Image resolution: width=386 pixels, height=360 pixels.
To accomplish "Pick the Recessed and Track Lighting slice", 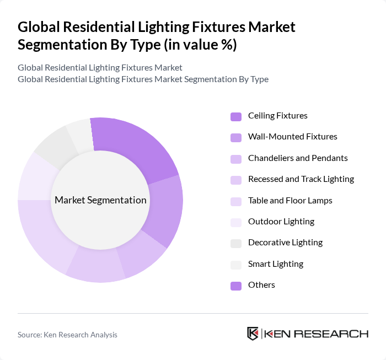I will [x=97, y=267].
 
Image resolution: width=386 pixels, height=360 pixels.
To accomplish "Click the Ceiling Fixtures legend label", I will [x=277, y=116].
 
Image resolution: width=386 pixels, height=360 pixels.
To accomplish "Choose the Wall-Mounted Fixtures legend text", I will [x=292, y=137].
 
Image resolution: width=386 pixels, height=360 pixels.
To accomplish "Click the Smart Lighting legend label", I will [x=275, y=264].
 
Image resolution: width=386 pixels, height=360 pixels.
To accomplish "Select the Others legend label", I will [x=261, y=285].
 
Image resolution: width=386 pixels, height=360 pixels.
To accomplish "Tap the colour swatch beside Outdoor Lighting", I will [x=236, y=222].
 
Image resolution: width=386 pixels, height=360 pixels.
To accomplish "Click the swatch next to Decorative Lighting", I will [x=236, y=243].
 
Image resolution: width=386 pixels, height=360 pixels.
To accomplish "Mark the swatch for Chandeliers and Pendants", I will [x=236, y=159].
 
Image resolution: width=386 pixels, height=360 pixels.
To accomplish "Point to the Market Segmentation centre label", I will [x=100, y=200].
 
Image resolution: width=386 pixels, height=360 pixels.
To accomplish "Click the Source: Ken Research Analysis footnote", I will [x=67, y=335].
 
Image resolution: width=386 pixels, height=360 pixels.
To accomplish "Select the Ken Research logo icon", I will [x=253, y=334].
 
